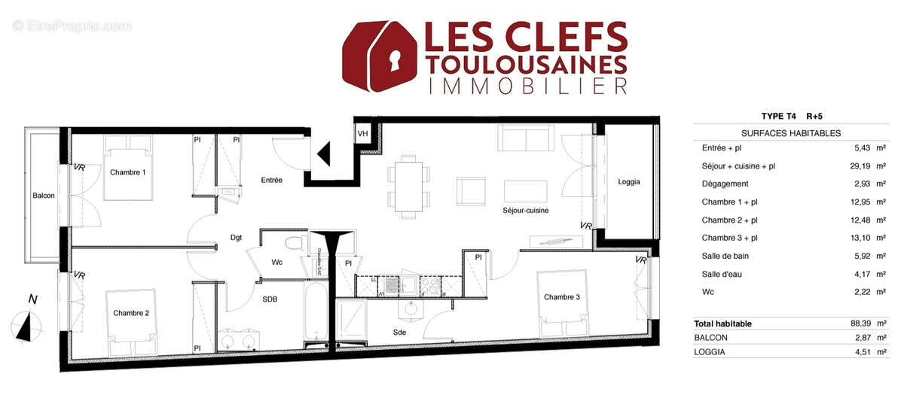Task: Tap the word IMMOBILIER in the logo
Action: coord(527,86)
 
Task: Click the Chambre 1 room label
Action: coord(128,172)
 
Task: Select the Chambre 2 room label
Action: coord(131,312)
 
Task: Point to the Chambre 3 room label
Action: coord(562,297)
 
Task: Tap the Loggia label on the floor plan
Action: coord(629,181)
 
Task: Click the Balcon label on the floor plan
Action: coord(44,196)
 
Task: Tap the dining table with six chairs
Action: coord(411,185)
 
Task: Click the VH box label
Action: coord(363,134)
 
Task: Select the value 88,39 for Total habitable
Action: coord(854,323)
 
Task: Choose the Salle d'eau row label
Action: coord(722,274)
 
